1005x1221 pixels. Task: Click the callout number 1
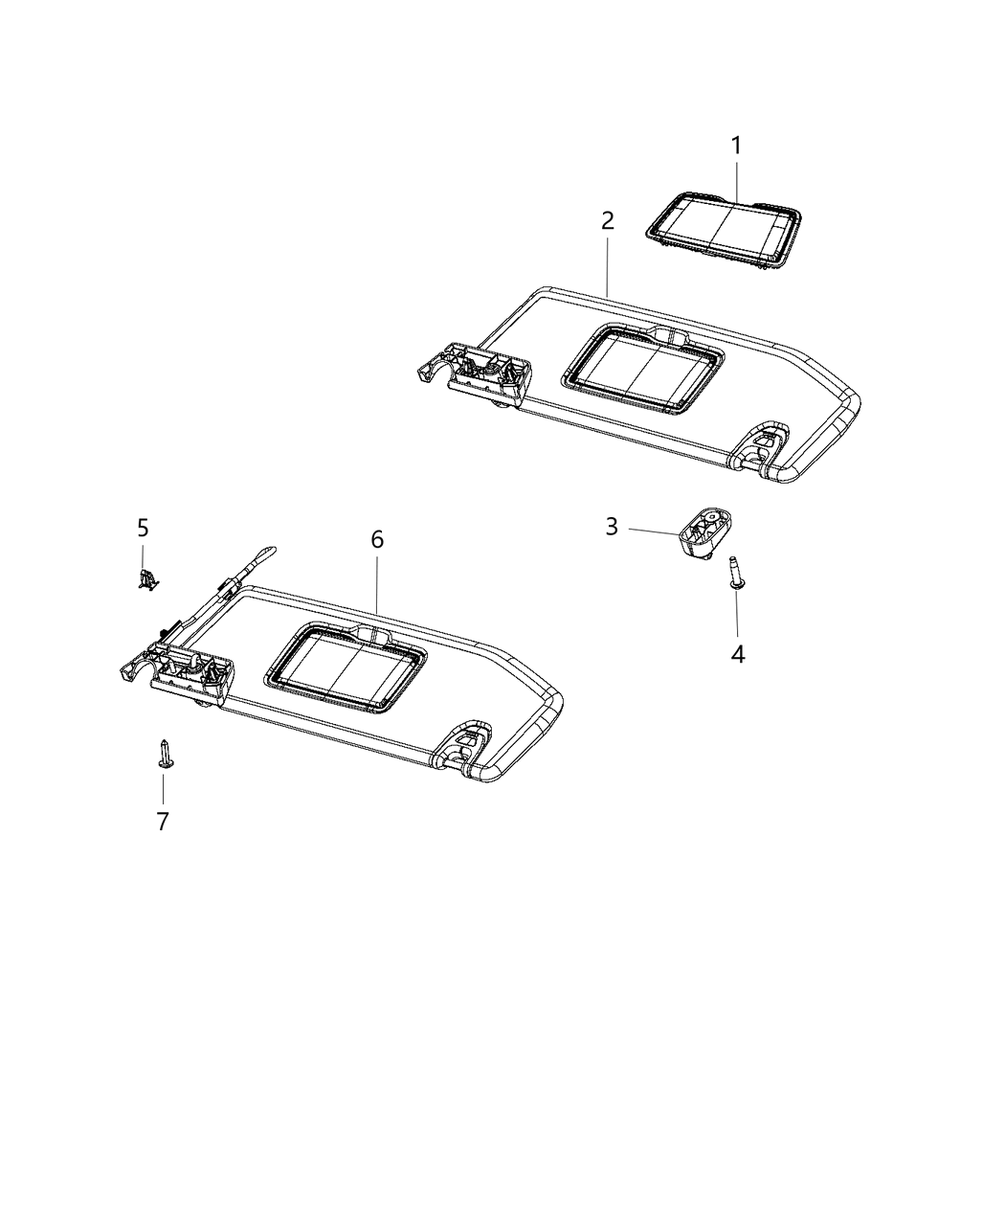[736, 147]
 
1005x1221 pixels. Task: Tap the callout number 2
[607, 221]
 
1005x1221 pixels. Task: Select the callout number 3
[612, 526]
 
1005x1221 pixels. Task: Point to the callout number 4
[737, 654]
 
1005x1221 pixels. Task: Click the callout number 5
[143, 528]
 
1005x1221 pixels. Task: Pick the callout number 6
[377, 540]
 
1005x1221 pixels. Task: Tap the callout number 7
[163, 821]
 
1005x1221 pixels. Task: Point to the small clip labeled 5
[145, 578]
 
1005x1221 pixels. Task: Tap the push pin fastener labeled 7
[164, 755]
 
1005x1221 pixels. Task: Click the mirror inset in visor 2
[642, 371]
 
